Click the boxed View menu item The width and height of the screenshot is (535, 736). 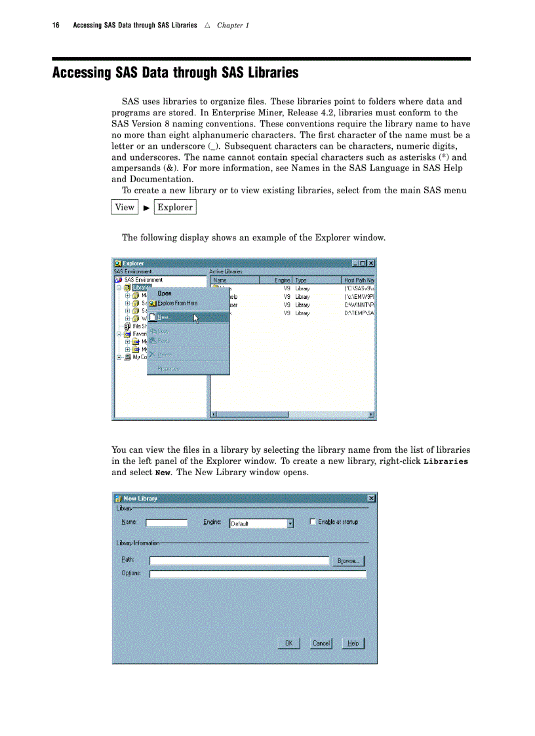[x=125, y=207]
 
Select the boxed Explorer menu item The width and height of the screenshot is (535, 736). [x=175, y=207]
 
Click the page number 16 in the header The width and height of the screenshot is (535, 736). [x=56, y=26]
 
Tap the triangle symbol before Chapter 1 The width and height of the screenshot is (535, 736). [x=207, y=26]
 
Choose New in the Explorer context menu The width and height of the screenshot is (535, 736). [x=164, y=317]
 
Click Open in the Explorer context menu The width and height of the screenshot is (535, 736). [x=165, y=294]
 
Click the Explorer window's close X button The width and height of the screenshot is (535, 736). [x=371, y=263]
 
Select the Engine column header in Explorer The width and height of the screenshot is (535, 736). [x=283, y=280]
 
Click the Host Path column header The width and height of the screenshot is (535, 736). [x=359, y=280]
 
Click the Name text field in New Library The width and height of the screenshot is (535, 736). [x=167, y=523]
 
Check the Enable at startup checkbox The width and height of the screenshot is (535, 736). [x=313, y=522]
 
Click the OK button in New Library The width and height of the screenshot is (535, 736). [x=288, y=644]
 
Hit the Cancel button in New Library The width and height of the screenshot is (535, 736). [x=321, y=644]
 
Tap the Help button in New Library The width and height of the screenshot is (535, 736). [x=353, y=644]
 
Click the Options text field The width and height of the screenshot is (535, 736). [x=258, y=574]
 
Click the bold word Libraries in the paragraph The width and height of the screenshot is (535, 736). [x=446, y=461]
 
